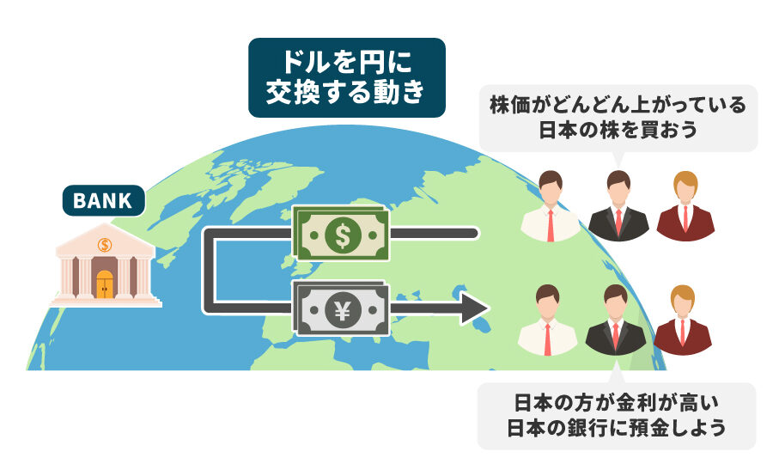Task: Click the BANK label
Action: coord(104,200)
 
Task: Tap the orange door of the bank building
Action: coord(105,284)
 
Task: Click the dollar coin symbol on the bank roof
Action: coord(105,244)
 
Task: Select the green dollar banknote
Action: coord(340,234)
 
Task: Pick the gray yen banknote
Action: coord(340,308)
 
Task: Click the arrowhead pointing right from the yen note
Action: coord(474,308)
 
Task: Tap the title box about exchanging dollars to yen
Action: coord(347,77)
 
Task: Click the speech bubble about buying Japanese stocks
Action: coord(618,119)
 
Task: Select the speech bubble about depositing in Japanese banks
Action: coord(617,414)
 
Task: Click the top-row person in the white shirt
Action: coord(551,206)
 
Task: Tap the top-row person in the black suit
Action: coord(618,206)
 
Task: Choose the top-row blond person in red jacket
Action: coord(685,206)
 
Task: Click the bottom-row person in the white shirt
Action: coord(547,320)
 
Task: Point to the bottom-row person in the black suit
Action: coord(616,320)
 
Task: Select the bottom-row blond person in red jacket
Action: coord(682,320)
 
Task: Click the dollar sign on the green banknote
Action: coord(343,235)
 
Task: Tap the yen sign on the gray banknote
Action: coord(343,310)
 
